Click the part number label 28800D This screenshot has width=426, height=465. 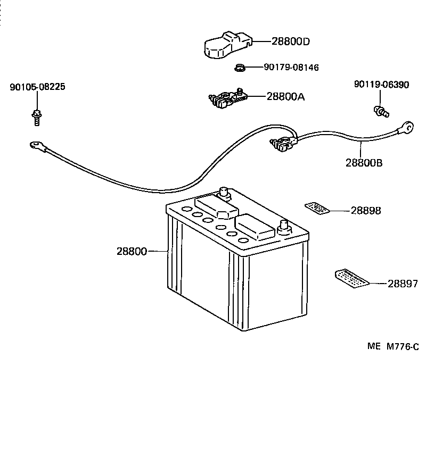(290, 41)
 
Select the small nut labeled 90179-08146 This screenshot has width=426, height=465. (240, 68)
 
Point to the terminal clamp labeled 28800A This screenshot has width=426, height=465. (228, 99)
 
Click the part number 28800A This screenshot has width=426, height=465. (285, 97)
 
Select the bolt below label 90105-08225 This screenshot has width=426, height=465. (37, 115)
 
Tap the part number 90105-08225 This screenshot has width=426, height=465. (37, 87)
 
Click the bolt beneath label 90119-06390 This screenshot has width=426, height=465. (381, 111)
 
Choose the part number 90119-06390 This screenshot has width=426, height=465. (381, 85)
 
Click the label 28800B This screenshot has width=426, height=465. (364, 163)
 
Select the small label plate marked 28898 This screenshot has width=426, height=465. (317, 208)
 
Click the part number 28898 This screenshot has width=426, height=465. (365, 211)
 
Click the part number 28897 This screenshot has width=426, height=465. (403, 284)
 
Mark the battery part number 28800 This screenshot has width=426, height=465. (132, 251)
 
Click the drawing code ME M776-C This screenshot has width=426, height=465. (393, 347)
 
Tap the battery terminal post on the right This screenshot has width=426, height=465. (283, 226)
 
